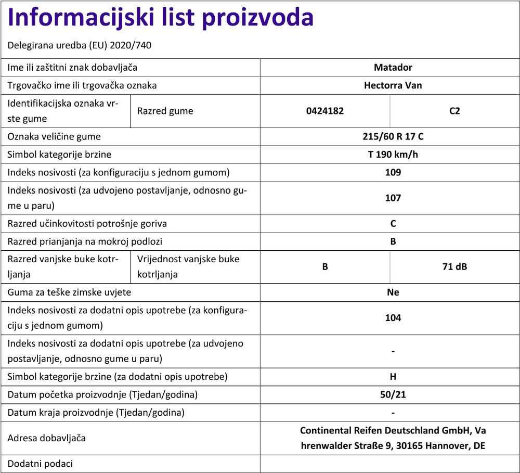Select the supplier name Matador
click(393, 67)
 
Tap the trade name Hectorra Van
click(393, 85)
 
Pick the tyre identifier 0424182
click(325, 111)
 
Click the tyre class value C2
click(454, 111)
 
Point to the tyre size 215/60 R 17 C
click(393, 137)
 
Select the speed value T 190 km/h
click(393, 155)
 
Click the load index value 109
click(393, 172)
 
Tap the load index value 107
click(393, 198)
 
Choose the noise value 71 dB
click(454, 266)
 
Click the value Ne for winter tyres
click(393, 292)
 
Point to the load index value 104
click(393, 318)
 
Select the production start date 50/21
click(393, 394)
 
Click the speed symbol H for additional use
click(393, 377)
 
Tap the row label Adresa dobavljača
click(47, 438)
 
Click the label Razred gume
click(165, 111)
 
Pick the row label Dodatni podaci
click(40, 464)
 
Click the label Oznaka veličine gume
click(54, 137)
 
